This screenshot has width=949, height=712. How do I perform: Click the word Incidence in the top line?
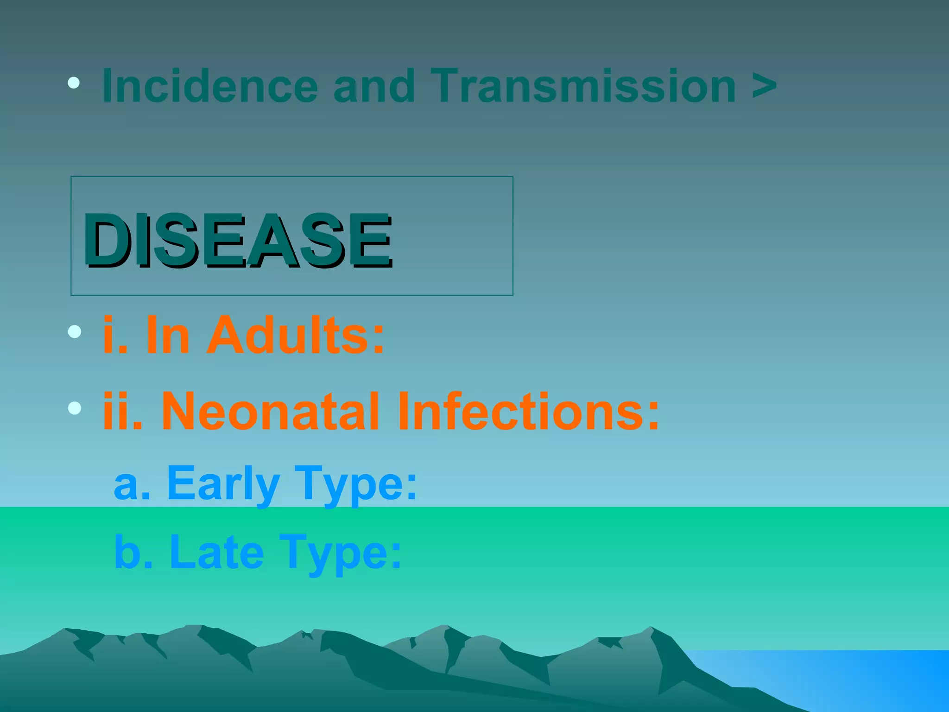point(209,86)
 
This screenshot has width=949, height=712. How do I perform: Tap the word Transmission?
point(582,86)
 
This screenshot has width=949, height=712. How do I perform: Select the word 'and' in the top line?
point(374,86)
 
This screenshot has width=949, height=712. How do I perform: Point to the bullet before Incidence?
point(74,83)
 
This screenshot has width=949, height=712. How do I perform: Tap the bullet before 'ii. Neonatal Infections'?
point(74,407)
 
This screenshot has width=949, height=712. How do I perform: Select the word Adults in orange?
point(295,335)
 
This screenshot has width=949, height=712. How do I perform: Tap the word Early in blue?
point(223,484)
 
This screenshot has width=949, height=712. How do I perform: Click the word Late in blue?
point(216,552)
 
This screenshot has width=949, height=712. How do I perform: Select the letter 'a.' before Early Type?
point(132,485)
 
